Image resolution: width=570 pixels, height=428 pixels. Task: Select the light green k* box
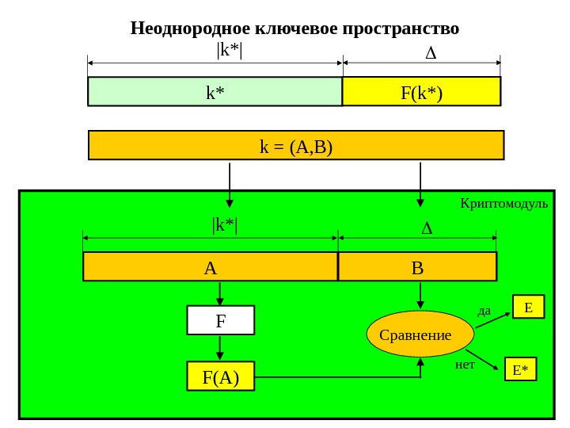pos(215,92)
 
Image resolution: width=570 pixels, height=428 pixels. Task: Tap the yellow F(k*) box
pos(421,92)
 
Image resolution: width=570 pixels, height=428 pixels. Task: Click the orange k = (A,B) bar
pos(296,146)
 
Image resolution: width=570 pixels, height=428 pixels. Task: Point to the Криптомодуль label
pos(503,204)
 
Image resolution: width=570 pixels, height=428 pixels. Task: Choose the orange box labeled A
pos(211,267)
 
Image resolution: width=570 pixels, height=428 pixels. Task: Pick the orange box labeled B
pos(417,267)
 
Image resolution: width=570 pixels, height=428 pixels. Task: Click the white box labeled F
pos(221,321)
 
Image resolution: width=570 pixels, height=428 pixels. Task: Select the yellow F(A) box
pos(221,376)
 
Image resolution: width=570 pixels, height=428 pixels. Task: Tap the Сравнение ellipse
pos(420,334)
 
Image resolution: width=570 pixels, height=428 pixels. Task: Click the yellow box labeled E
pos(529,307)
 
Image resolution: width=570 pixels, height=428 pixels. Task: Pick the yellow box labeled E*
pos(520,369)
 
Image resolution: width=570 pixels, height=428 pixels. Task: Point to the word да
pos(484,311)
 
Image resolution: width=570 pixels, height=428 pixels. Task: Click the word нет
pos(465,365)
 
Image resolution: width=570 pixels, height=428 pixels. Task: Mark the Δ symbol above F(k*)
pos(431,54)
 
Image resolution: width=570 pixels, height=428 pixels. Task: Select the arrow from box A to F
pos(220,293)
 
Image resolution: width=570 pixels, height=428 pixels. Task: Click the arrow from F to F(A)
pos(220,348)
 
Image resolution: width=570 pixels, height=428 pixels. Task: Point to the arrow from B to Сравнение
pos(420,295)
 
